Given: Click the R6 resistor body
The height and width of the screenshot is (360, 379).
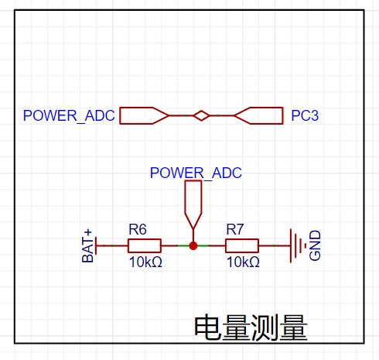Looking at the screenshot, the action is pyautogui.click(x=145, y=245).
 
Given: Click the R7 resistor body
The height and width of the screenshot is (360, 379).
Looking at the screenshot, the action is pyautogui.click(x=242, y=245).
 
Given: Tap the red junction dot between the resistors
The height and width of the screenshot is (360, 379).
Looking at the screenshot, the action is pyautogui.click(x=193, y=245).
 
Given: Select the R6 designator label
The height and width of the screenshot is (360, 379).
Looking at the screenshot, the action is pyautogui.click(x=138, y=229).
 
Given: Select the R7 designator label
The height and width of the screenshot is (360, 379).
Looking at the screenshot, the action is pyautogui.click(x=235, y=229).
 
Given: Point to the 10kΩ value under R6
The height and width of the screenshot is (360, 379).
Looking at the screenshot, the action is pyautogui.click(x=145, y=262).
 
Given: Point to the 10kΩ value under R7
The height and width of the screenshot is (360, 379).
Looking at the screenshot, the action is pyautogui.click(x=243, y=262).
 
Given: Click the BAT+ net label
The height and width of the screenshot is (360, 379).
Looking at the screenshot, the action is pyautogui.click(x=87, y=245).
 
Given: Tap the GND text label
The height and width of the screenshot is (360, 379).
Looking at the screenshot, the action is pyautogui.click(x=315, y=245).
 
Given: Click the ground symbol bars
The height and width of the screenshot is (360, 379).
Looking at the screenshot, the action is pyautogui.click(x=298, y=245).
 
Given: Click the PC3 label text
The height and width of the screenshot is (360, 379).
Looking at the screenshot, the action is pyautogui.click(x=305, y=115).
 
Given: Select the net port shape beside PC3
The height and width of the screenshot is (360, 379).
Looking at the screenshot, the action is pyautogui.click(x=258, y=115).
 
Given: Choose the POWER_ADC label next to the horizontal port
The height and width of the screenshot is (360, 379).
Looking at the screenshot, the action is pyautogui.click(x=69, y=115).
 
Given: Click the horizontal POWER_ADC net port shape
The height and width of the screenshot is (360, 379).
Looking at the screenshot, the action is pyautogui.click(x=144, y=115).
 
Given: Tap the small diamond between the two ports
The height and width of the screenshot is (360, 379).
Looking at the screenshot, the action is pyautogui.click(x=201, y=115).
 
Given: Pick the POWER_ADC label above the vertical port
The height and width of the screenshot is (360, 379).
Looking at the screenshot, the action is pyautogui.click(x=196, y=173).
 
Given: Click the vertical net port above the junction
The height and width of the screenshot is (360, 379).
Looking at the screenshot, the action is pyautogui.click(x=193, y=204).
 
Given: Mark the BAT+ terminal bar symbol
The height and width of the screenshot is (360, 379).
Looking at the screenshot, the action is pyautogui.click(x=96, y=245).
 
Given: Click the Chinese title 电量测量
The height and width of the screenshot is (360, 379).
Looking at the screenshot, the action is pyautogui.click(x=251, y=327).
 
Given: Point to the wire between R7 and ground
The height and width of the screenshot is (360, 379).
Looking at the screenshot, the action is pyautogui.click(x=275, y=245).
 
